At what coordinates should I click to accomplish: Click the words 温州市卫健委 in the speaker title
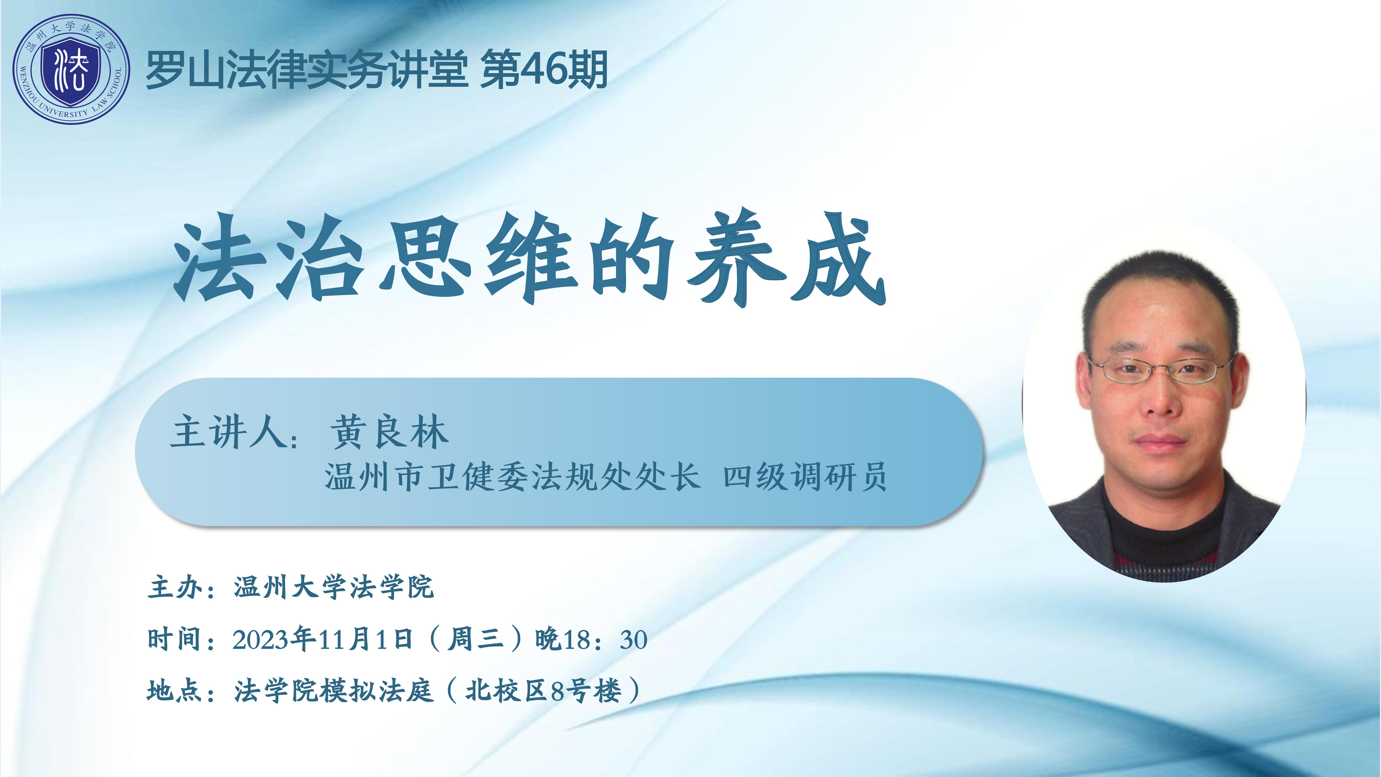(x=426, y=476)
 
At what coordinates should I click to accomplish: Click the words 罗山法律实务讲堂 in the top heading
(x=307, y=70)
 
